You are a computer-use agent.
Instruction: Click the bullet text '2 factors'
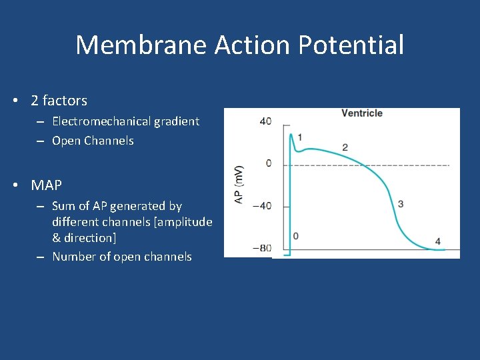click(x=59, y=101)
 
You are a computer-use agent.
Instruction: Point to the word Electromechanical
click(x=101, y=121)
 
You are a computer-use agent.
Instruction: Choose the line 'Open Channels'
click(x=93, y=141)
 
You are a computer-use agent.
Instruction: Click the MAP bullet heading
click(x=46, y=185)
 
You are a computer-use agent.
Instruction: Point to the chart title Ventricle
click(x=362, y=113)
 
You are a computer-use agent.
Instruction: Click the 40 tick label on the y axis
click(x=265, y=121)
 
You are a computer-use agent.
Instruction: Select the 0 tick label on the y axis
click(x=268, y=163)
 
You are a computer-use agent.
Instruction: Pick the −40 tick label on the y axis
click(x=263, y=205)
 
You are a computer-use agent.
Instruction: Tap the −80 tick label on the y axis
click(x=263, y=248)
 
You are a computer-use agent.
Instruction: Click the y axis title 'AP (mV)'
click(x=239, y=185)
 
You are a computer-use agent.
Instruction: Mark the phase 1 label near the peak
click(x=300, y=137)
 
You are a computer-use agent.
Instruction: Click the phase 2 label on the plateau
click(x=345, y=147)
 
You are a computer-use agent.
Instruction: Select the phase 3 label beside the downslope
click(x=400, y=203)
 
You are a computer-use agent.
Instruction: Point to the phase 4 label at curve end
click(x=437, y=241)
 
